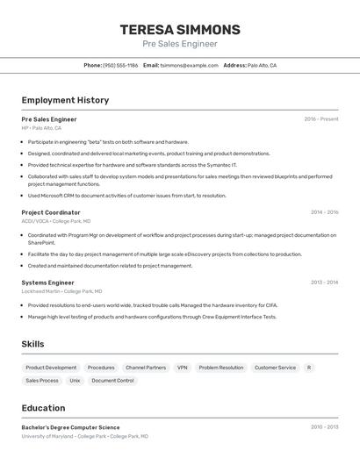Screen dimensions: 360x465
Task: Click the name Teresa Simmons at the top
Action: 180,30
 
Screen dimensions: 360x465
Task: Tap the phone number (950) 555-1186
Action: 120,65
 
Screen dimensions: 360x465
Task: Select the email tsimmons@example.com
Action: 189,65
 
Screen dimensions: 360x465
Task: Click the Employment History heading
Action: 65,100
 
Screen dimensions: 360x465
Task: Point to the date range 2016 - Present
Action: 320,118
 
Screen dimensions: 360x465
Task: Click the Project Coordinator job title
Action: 51,212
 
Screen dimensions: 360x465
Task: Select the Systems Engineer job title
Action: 47,283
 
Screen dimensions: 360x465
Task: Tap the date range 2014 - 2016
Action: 324,212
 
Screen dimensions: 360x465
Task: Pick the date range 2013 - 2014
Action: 324,283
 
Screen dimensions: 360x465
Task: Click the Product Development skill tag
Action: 51,368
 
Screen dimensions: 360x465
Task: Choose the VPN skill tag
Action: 182,368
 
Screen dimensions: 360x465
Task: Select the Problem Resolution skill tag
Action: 221,368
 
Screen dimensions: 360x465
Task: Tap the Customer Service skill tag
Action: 275,368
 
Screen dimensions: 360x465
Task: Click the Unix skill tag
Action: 75,381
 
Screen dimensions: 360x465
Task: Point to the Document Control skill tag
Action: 113,381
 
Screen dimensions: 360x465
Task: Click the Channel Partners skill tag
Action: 146,368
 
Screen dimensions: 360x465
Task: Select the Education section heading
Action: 43,408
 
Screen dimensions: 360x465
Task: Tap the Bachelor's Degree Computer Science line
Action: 70,427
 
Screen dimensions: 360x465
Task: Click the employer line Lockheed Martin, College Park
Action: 61,291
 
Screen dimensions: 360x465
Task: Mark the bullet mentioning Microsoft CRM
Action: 126,196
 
